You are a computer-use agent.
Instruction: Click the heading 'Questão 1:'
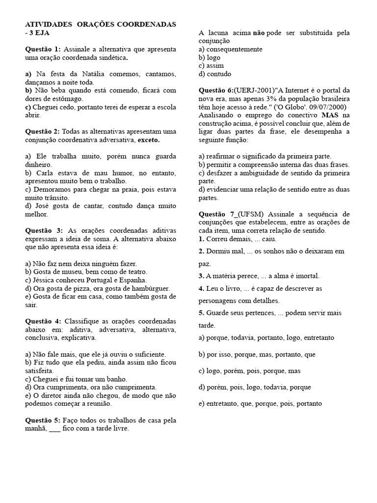pos(43,49)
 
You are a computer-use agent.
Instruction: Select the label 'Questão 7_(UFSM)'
pos(231,214)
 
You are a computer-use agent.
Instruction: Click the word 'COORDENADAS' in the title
pos(149,24)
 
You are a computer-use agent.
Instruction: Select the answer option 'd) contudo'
pos(215,74)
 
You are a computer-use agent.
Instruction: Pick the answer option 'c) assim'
pos(211,66)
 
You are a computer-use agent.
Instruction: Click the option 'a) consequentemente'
pos(230,49)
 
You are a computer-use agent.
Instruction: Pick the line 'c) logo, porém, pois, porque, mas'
pos(249,371)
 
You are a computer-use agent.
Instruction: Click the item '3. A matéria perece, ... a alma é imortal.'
pos(259,276)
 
